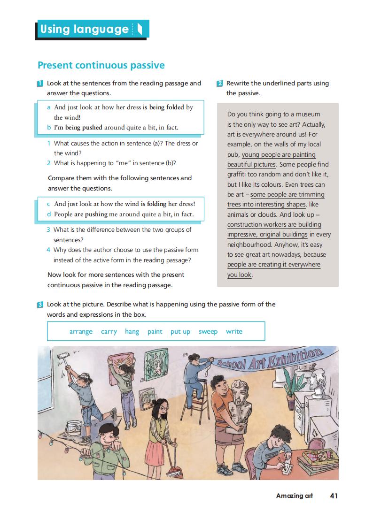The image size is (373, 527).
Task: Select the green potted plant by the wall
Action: coord(294,382)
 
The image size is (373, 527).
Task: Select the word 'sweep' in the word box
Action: coord(208,331)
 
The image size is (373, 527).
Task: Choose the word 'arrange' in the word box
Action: coord(81,331)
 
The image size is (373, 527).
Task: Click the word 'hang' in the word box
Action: coord(132,331)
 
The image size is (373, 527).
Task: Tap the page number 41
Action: coord(334,496)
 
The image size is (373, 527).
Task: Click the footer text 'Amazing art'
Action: coord(294,496)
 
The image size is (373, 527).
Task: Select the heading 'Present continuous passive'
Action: coord(101,65)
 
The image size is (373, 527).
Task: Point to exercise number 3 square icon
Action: coord(40,305)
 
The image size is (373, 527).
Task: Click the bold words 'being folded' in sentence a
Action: coord(163,107)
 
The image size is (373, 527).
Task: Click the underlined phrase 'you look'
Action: coord(239,275)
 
